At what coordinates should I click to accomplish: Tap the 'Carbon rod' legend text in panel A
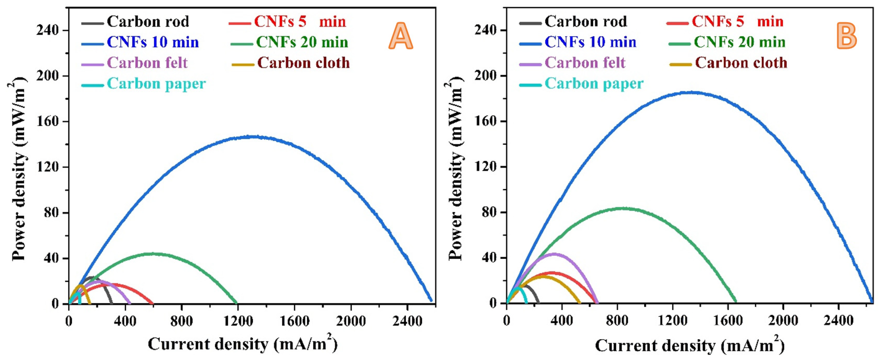[x=148, y=21]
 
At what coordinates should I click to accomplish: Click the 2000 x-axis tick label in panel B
[x=783, y=321]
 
